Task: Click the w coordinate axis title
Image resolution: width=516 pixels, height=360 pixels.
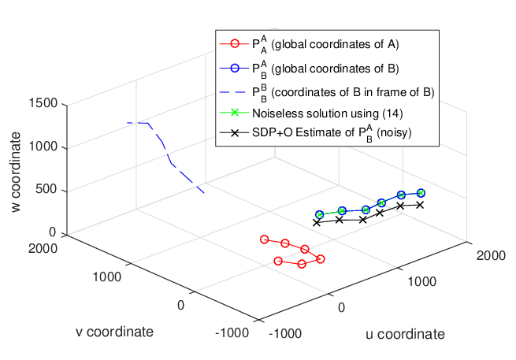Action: (16, 172)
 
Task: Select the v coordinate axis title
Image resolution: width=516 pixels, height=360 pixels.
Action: (114, 332)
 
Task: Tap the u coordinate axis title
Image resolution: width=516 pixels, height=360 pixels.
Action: (405, 334)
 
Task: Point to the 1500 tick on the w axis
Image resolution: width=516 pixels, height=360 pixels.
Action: (43, 103)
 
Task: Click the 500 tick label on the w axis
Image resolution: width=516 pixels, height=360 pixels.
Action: (46, 189)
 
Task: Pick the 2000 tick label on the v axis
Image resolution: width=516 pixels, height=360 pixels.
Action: (43, 248)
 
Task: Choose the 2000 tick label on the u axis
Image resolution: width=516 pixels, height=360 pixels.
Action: (491, 256)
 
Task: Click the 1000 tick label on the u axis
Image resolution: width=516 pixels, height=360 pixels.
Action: (422, 282)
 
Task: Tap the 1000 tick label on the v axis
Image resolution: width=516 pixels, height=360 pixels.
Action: (107, 277)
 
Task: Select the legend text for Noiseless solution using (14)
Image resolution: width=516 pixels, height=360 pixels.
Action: (328, 113)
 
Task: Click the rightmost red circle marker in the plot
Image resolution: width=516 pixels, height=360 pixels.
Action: (320, 259)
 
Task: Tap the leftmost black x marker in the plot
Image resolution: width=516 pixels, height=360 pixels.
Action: (317, 223)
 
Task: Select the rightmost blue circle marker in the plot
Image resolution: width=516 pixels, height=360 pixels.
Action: (421, 193)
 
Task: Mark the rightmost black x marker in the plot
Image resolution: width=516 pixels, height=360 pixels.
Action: (420, 205)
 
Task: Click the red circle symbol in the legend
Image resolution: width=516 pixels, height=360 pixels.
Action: (235, 44)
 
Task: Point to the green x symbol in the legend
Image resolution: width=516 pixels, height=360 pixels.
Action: (235, 113)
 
